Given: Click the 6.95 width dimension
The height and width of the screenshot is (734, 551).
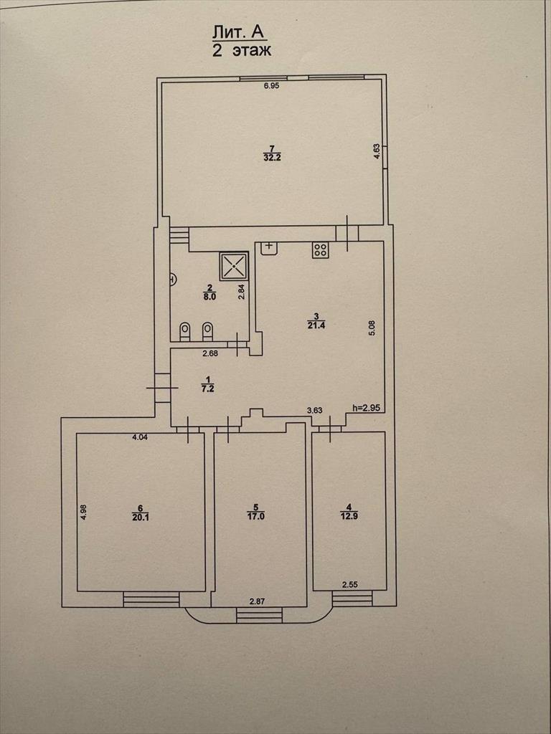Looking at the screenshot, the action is (271, 86).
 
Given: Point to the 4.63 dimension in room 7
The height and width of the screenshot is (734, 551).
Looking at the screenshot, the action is (376, 152).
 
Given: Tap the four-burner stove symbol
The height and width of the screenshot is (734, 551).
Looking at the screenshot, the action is (321, 250).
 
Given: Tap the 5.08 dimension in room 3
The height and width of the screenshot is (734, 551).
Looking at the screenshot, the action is (372, 328).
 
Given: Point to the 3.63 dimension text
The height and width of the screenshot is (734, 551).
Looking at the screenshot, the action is (314, 411).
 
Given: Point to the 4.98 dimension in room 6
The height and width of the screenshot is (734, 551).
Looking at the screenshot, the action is (83, 510).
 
